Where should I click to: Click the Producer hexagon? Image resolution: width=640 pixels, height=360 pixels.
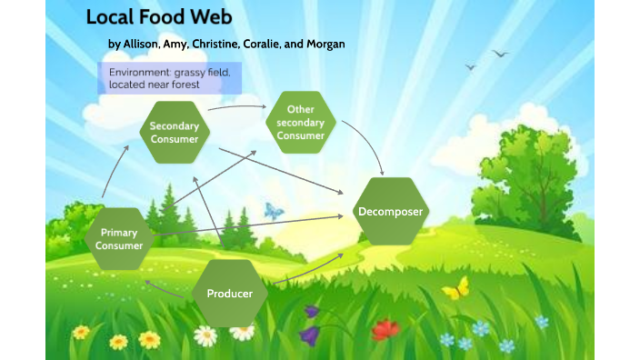[x=229, y=294]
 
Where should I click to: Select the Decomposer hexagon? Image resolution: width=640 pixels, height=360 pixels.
[x=391, y=212]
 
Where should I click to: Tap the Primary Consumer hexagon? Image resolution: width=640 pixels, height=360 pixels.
[x=119, y=239]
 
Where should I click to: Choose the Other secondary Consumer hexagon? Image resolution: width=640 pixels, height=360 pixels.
[x=300, y=123]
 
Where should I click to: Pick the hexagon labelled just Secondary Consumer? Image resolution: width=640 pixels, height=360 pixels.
[x=174, y=133]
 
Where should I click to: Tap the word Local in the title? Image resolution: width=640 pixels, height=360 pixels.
[x=110, y=17]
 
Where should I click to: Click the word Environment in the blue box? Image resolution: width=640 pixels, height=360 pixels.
[x=135, y=71]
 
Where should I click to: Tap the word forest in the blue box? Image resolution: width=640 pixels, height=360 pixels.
[x=183, y=85]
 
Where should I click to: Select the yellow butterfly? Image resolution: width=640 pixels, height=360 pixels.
[x=456, y=289]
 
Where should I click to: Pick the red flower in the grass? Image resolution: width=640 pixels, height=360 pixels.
[x=386, y=328]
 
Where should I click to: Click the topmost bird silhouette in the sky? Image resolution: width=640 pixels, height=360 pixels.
[x=500, y=54]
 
